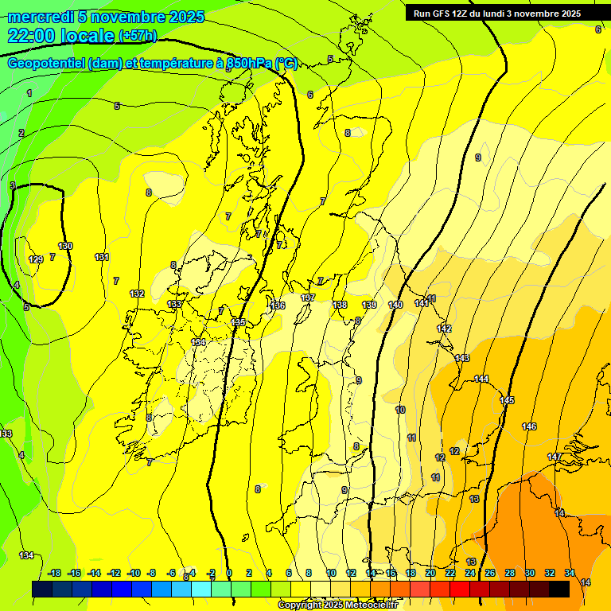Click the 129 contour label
coord(37,259)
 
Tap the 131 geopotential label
coord(102,257)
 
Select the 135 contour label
coord(239,322)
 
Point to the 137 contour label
coord(308,298)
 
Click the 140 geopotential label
coord(395,305)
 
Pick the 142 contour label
coord(444,329)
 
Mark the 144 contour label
coord(481,379)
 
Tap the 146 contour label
coord(529,427)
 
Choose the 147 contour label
coord(555,457)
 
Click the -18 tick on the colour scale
coord(55,573)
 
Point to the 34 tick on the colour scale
coord(570,573)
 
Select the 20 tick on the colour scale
coord(430,573)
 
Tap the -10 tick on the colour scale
coord(134,573)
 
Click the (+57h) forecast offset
coord(138,36)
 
